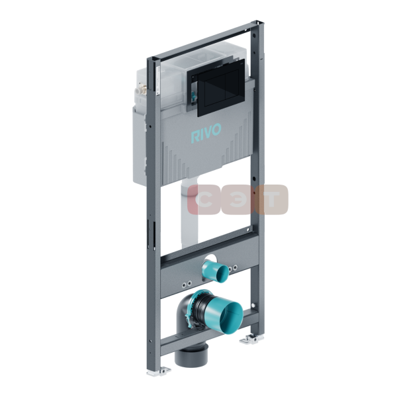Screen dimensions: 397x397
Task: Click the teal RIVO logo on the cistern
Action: coord(206,133)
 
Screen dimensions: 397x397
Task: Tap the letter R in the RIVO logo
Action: coord(195,137)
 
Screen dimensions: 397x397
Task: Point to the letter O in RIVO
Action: coord(216,130)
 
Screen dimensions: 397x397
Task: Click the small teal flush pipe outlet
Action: coord(216,271)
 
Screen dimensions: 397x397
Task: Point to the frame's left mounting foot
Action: coord(159,372)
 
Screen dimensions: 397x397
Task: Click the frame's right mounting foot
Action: coord(251,339)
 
